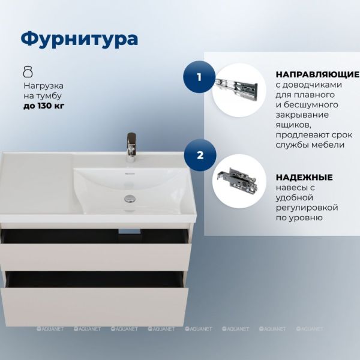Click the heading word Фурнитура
79,39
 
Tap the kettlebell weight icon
28,71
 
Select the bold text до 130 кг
44,106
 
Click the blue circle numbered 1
199,77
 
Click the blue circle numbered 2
200,155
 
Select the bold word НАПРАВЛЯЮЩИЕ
317,74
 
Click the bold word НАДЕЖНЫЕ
304,177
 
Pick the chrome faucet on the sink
131,148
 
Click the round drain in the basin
130,199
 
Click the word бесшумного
311,105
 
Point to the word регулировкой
307,208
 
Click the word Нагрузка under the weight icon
44,86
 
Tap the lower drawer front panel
94,307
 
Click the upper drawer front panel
95,257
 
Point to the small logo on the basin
130,174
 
